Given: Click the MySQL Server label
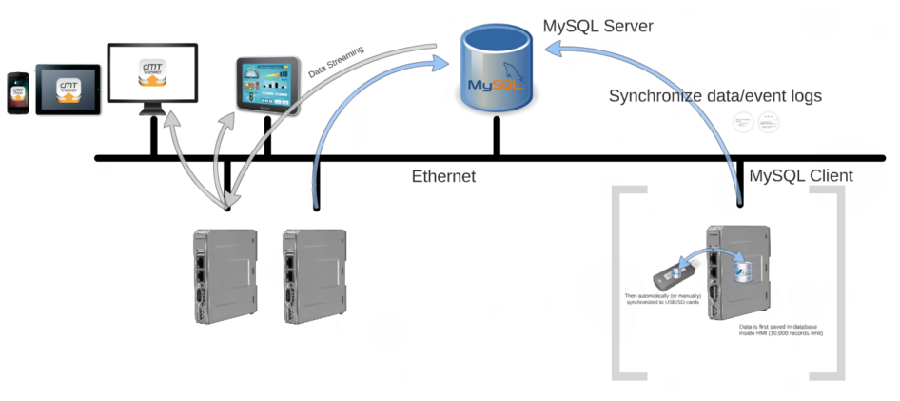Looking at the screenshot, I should coord(597,26).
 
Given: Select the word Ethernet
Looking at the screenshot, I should coord(443,176).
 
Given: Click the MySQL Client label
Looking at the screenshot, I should coord(801,175).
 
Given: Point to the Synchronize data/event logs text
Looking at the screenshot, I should coord(714,96).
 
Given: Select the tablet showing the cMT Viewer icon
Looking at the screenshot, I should coord(68,90).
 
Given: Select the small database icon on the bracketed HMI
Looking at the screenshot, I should coord(741,271).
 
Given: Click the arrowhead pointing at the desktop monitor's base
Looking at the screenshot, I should coord(172,121).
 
